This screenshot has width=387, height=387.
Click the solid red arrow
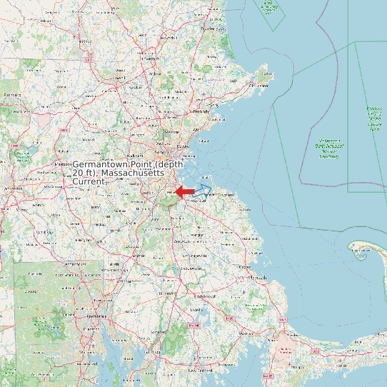click(x=184, y=191)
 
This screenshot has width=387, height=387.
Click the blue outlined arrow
click(x=202, y=190)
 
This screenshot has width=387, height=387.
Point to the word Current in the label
click(x=89, y=182)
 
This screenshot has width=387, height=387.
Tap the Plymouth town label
click(x=259, y=278)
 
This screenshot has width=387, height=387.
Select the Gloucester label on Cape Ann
click(x=262, y=85)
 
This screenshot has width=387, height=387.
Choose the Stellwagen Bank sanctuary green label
click(x=328, y=146)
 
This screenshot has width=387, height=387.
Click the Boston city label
click(x=181, y=147)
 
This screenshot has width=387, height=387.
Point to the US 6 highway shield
click(x=315, y=351)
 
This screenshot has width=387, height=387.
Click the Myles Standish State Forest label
click(x=254, y=307)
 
